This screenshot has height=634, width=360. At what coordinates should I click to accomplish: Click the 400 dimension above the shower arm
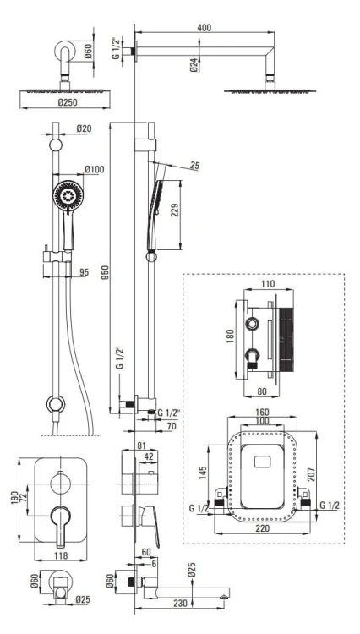[x=205, y=28]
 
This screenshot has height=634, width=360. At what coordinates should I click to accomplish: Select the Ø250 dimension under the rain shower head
[x=67, y=102]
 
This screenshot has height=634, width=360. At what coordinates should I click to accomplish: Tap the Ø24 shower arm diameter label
[x=194, y=65]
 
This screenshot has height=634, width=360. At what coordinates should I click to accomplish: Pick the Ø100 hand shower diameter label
[x=94, y=168]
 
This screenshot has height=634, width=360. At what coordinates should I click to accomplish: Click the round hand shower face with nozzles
[x=68, y=195]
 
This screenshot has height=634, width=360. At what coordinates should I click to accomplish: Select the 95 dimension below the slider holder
[x=84, y=272]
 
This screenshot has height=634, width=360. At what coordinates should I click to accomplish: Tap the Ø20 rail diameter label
[x=84, y=128]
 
